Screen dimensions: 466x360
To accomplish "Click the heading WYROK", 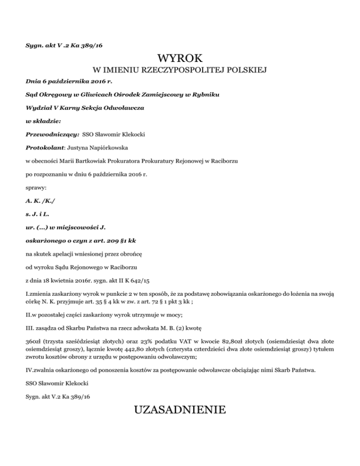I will [x=180, y=59].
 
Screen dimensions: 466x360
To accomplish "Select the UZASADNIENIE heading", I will [x=180, y=410].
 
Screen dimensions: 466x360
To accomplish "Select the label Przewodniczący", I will [x=52, y=134].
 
